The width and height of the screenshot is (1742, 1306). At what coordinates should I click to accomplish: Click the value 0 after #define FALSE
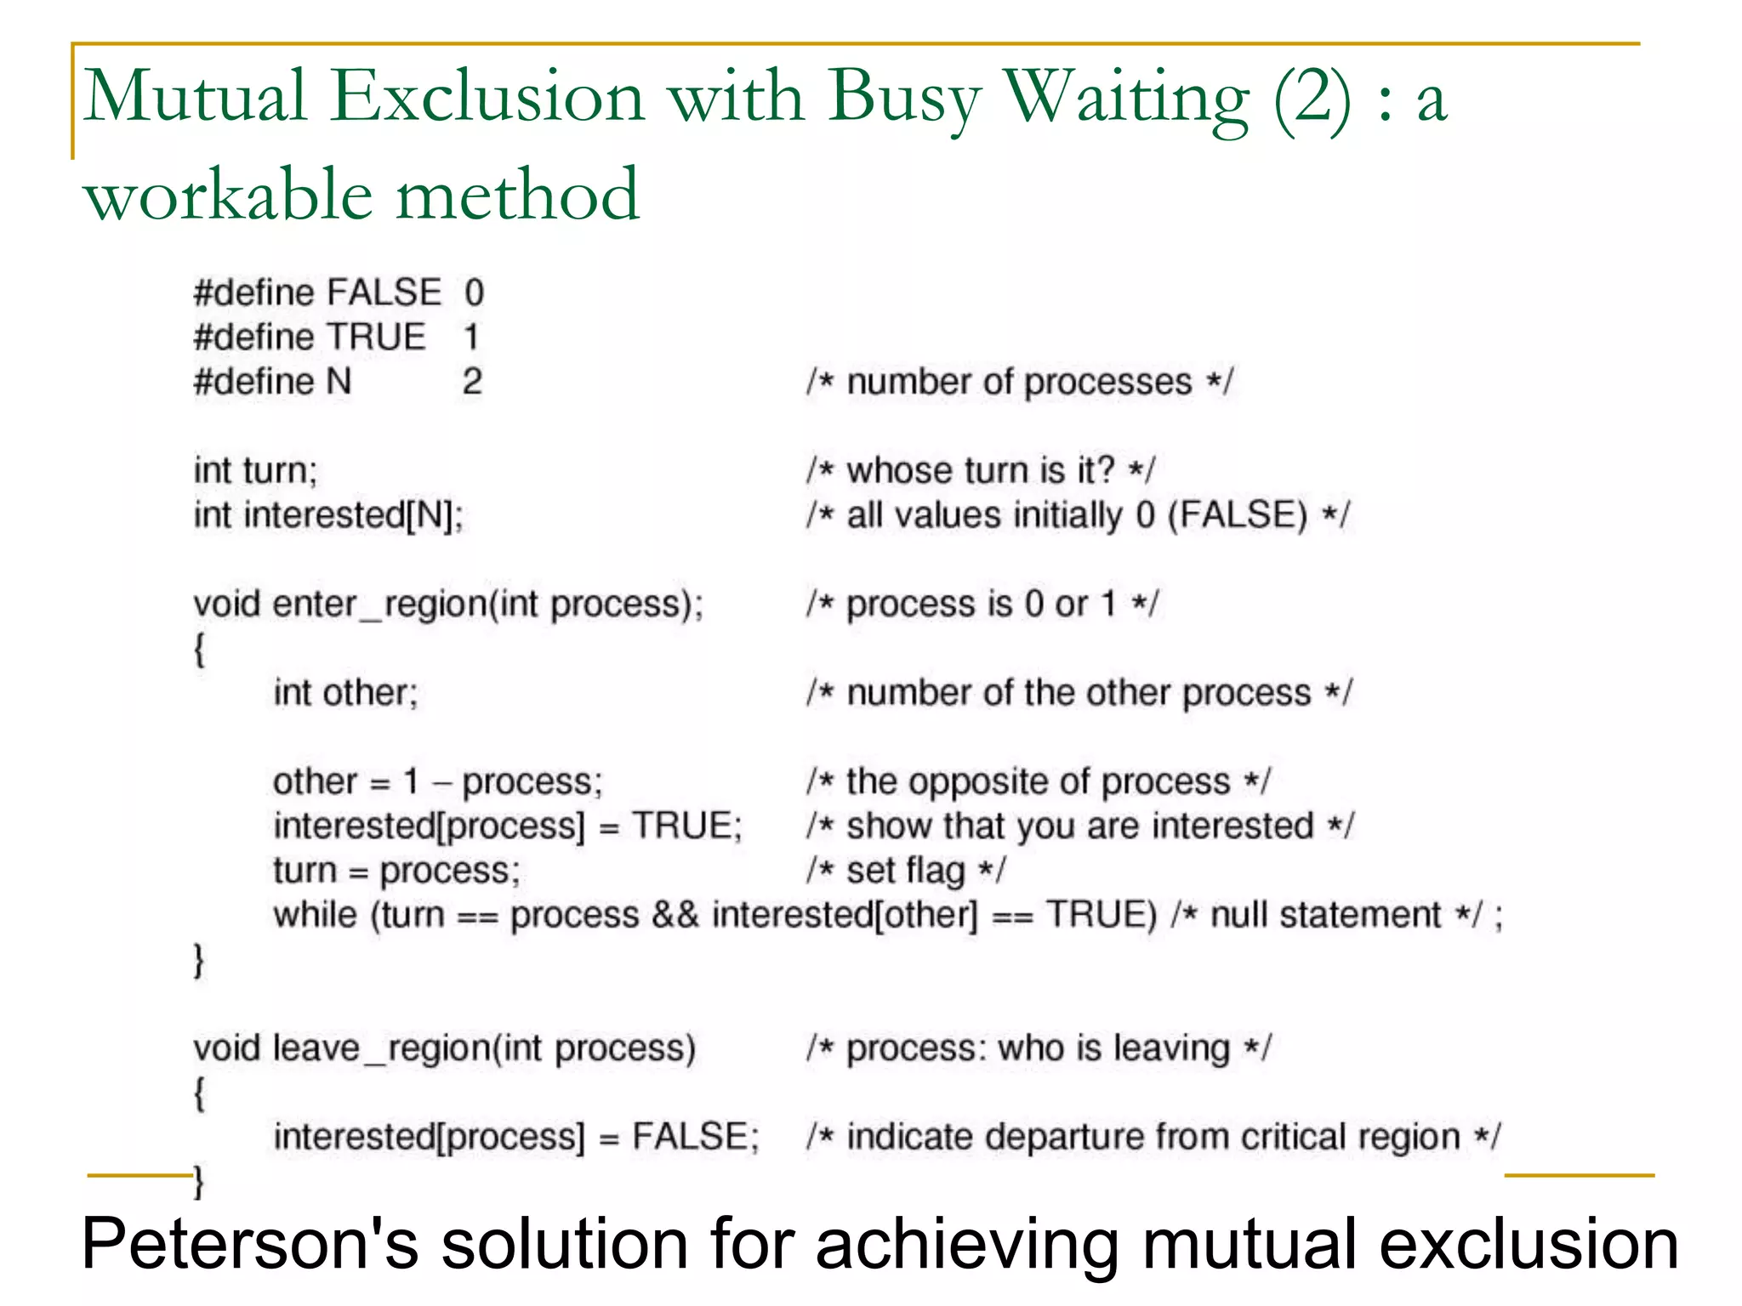pos(474,293)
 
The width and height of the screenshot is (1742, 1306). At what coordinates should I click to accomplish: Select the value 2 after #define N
pos(472,382)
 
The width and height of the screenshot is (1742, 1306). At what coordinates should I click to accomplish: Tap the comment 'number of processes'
pos(1019,383)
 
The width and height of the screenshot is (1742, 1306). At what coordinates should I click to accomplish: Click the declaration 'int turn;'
pos(255,470)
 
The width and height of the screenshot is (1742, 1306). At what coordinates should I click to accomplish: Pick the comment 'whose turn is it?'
pos(981,470)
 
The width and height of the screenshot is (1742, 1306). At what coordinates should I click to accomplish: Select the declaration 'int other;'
pos(345,693)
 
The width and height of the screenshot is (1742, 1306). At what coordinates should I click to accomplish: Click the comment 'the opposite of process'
pos(1038,782)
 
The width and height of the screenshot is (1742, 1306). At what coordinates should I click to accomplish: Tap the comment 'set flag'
pos(906,871)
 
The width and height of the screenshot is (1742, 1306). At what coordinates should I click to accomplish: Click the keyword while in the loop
pos(315,916)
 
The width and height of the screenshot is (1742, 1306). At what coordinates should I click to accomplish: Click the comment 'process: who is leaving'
pos(1038,1048)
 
